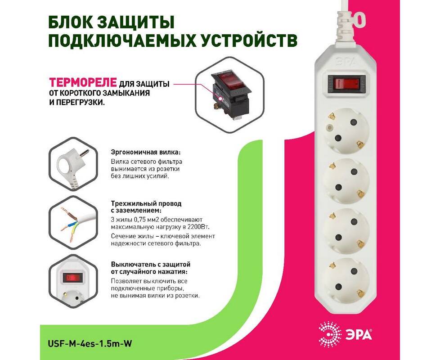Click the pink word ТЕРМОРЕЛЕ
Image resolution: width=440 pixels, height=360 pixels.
click(83, 82)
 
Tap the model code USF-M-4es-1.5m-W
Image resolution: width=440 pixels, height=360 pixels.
click(90, 343)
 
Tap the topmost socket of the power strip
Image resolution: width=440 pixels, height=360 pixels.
click(346, 130)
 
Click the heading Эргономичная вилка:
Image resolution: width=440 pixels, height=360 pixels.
click(146, 153)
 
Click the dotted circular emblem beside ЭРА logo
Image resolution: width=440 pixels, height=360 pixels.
click(330, 333)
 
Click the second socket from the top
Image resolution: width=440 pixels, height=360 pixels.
click(346, 180)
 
